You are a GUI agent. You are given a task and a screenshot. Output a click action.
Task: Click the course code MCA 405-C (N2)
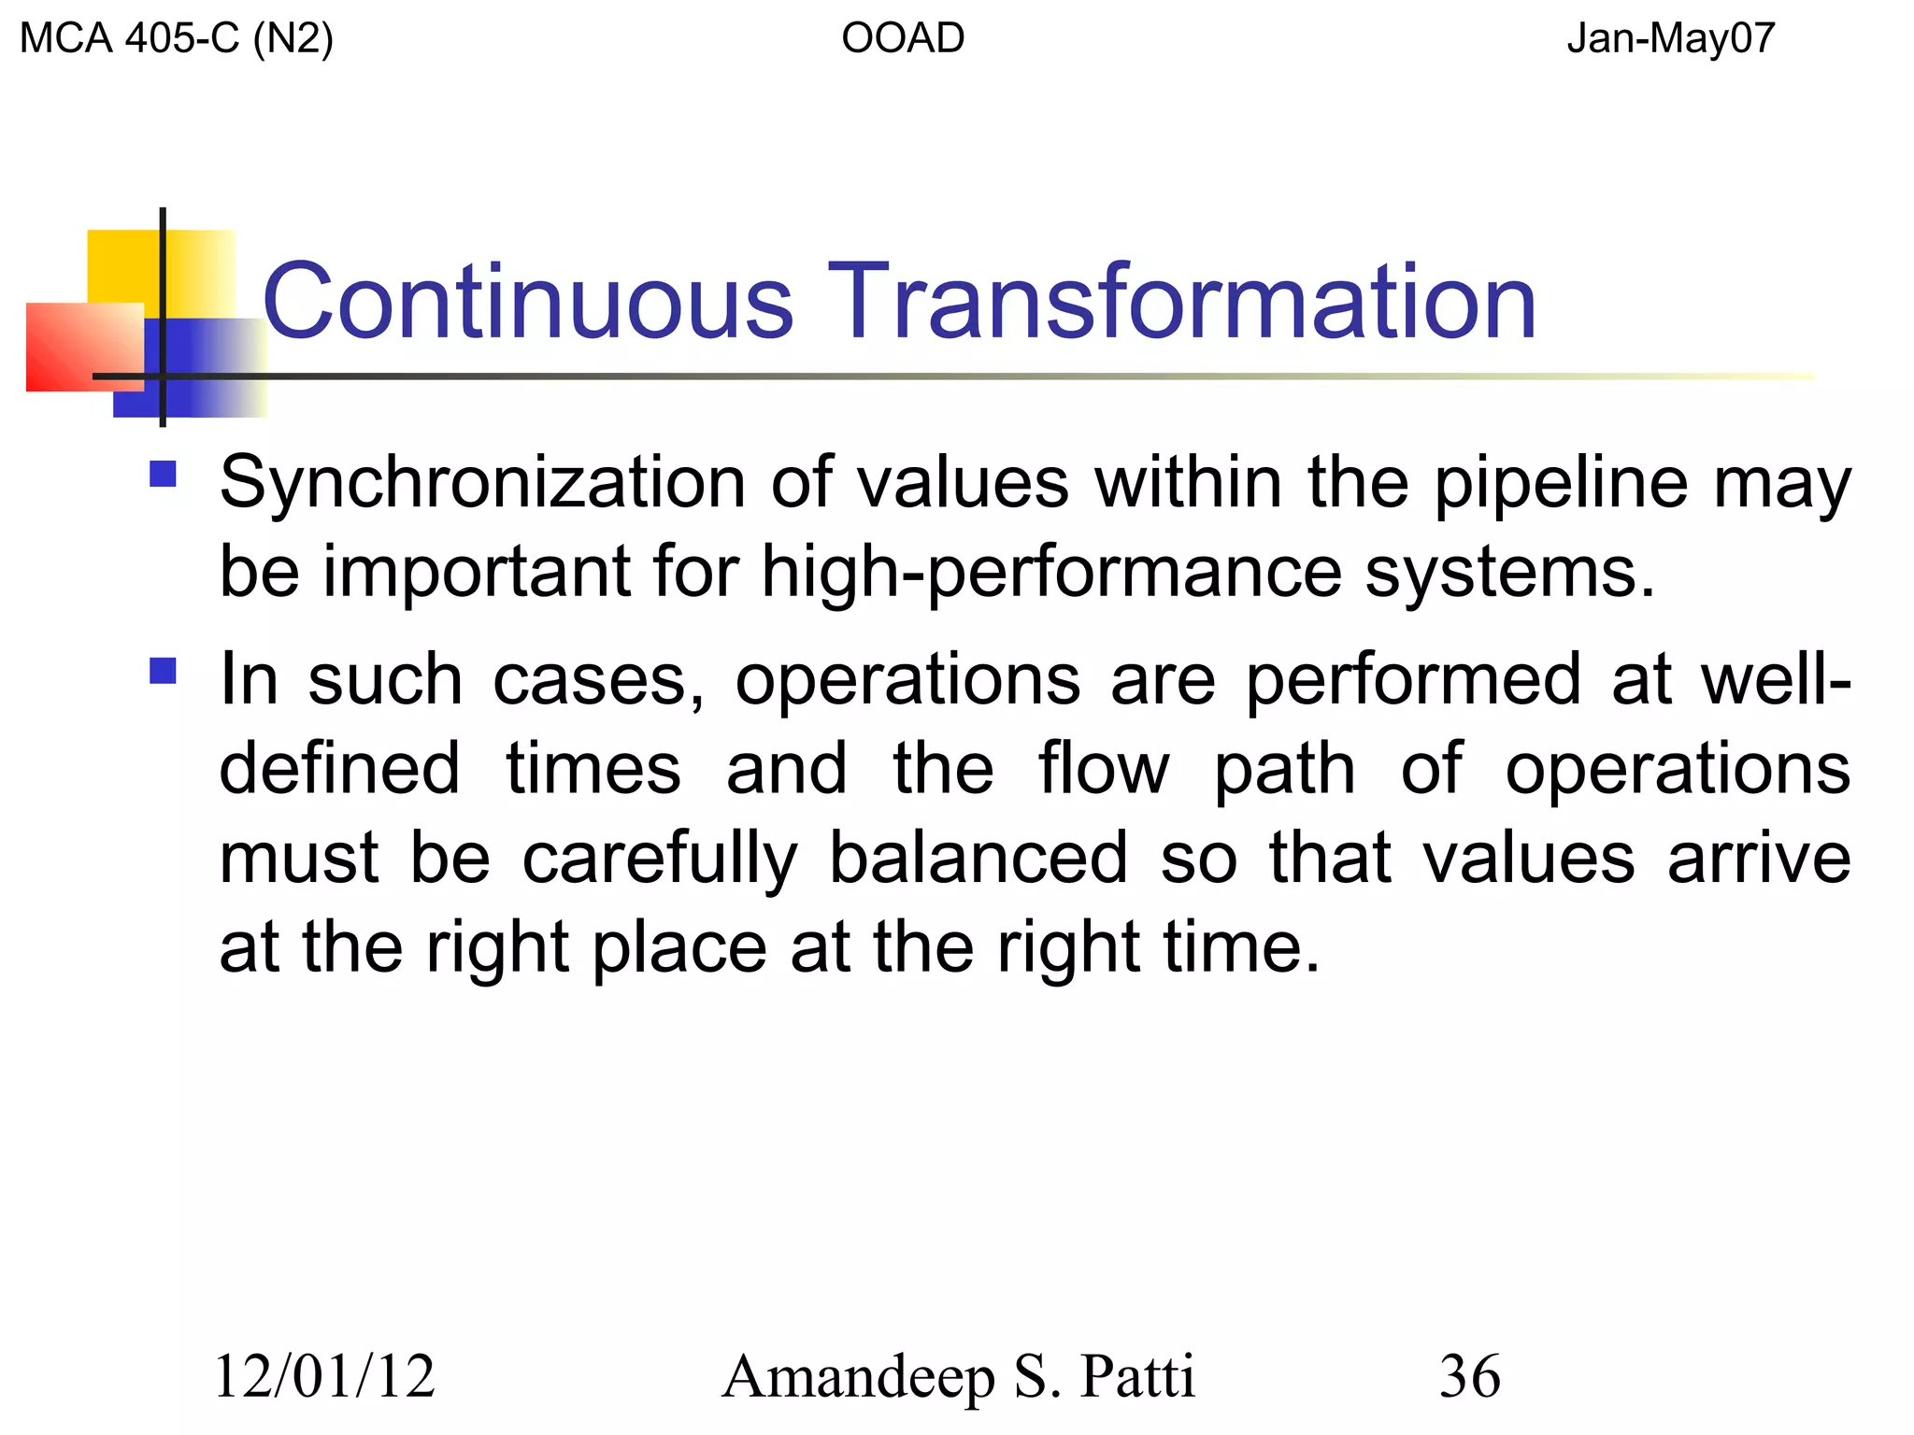tap(176, 39)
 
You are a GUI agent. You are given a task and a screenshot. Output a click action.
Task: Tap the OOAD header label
tap(903, 39)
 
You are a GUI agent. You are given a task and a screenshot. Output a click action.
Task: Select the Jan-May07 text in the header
tap(1670, 39)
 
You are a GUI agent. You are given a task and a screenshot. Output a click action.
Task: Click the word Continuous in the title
tap(528, 302)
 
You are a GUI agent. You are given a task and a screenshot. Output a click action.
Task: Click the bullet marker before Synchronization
tap(163, 474)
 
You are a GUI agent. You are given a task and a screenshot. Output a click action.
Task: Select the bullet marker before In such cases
tap(163, 671)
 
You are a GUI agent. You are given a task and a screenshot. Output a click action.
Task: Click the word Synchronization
tap(482, 484)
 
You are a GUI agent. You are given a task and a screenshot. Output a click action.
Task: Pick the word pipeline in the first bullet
tap(1561, 484)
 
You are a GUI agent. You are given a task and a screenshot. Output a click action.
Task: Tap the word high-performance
tap(1051, 572)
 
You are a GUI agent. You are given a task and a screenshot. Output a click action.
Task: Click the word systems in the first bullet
tap(1509, 572)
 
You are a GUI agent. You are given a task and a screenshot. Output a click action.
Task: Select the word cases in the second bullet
tap(598, 680)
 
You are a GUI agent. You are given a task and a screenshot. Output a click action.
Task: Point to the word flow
tap(1103, 769)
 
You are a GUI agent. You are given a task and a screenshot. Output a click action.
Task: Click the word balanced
tap(978, 858)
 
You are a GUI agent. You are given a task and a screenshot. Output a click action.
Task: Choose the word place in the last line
tap(679, 947)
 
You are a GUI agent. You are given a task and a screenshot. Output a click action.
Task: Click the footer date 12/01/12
tap(325, 1376)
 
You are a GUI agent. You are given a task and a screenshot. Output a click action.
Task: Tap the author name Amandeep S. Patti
tap(958, 1376)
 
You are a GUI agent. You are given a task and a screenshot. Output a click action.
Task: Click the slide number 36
tap(1470, 1376)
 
